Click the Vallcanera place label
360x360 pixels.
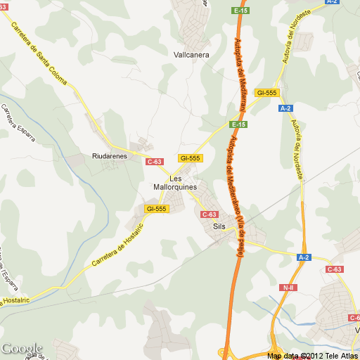(191, 54)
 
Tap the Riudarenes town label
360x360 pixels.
(109, 156)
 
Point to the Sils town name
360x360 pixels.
(219, 226)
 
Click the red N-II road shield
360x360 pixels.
(288, 288)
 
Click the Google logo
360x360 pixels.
(21, 348)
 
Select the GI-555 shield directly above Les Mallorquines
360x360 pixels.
(191, 158)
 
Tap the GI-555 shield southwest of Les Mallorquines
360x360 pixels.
(155, 209)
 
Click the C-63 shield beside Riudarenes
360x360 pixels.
(155, 162)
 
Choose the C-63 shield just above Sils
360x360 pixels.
(210, 214)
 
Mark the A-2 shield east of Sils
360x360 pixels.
(304, 257)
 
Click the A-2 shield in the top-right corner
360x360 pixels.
(333, 2)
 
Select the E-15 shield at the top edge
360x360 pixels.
(240, 11)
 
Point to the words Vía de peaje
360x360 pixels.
(240, 238)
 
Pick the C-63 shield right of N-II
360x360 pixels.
(335, 269)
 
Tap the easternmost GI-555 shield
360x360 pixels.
(267, 93)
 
